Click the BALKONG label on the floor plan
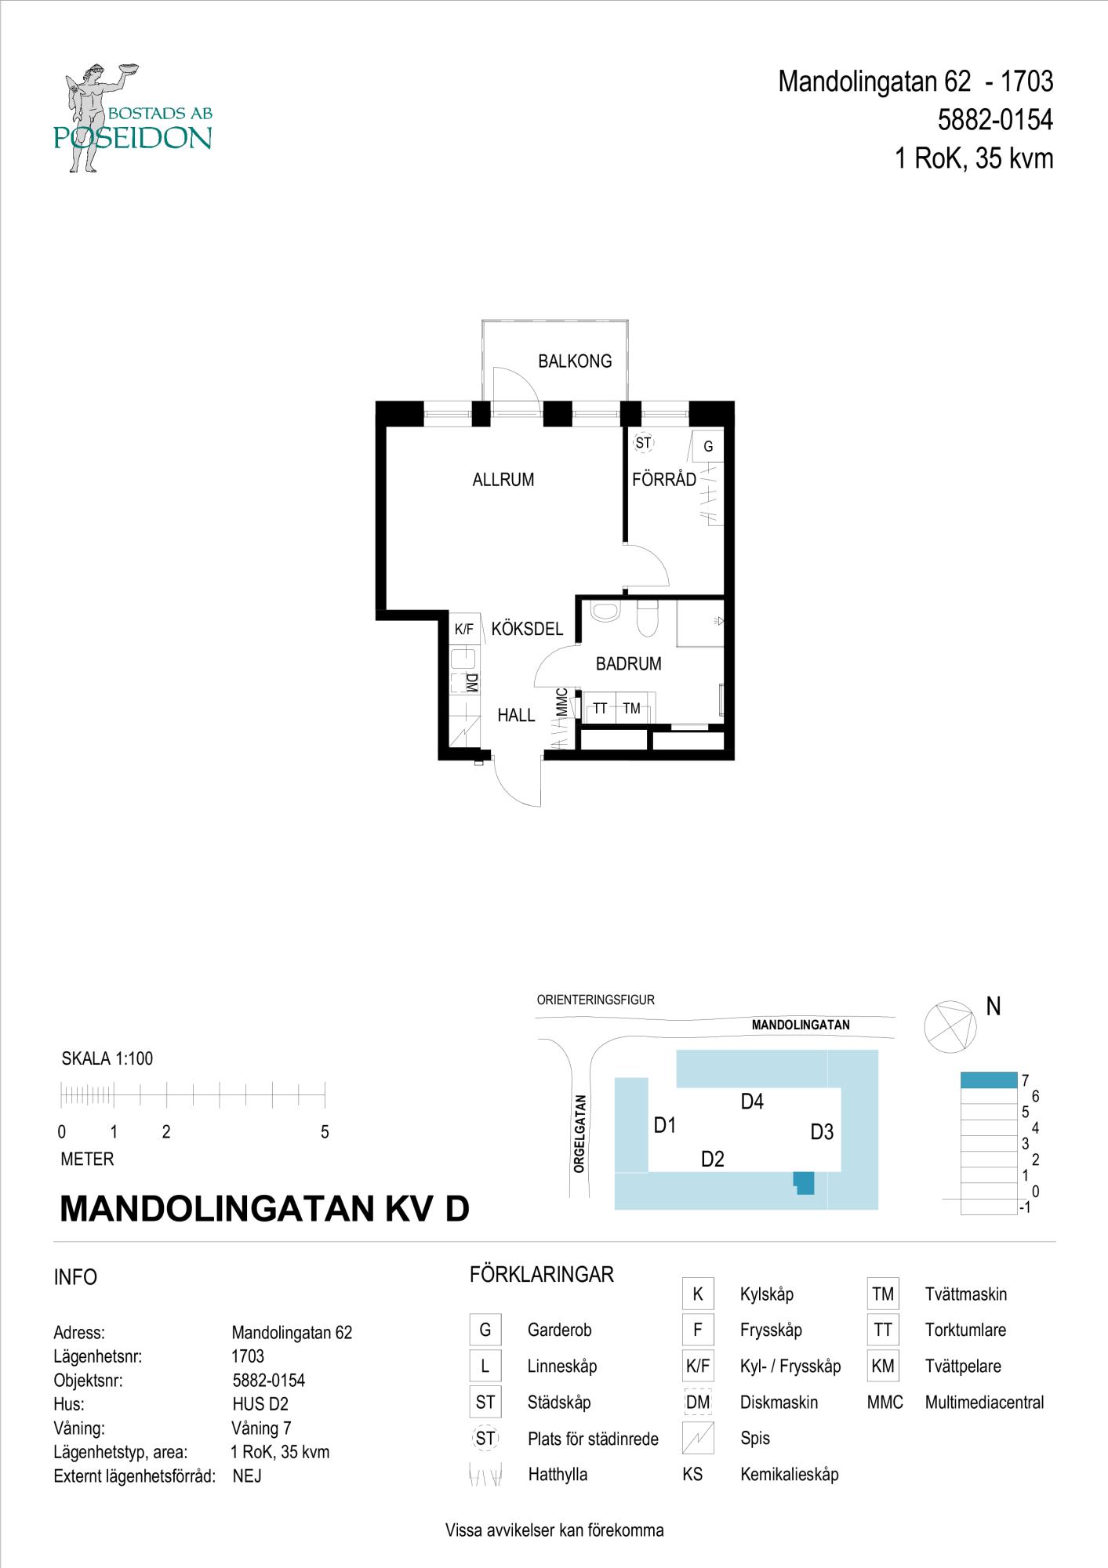(x=575, y=361)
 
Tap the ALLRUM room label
(x=503, y=480)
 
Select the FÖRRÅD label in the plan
(x=664, y=479)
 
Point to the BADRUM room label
(x=628, y=664)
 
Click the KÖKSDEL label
(x=527, y=629)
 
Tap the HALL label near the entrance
(x=516, y=715)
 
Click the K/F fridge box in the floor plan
(x=464, y=629)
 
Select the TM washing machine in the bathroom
(x=631, y=709)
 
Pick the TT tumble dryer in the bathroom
(x=600, y=709)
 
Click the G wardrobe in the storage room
(x=708, y=447)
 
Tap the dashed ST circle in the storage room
(x=643, y=443)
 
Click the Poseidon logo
(x=133, y=118)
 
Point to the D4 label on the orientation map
(x=752, y=1102)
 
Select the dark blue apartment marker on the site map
(x=805, y=1182)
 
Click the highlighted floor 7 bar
(x=989, y=1080)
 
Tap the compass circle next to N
(x=949, y=1027)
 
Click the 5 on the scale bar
(x=325, y=1132)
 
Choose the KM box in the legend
(x=883, y=1366)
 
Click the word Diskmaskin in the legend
(x=779, y=1403)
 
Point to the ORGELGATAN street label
(x=579, y=1134)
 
